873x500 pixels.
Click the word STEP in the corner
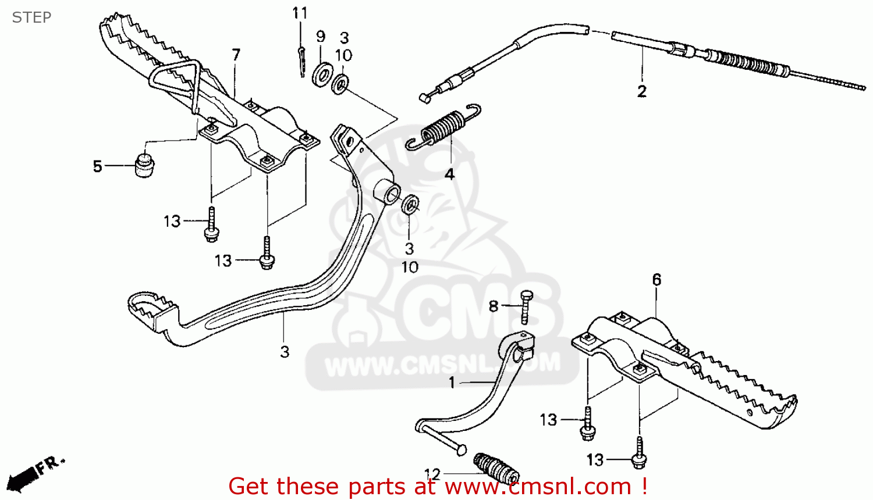tap(32, 17)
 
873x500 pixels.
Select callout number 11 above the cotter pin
tap(300, 13)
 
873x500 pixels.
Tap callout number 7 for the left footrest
tap(236, 55)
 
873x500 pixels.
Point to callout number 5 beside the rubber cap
tap(98, 166)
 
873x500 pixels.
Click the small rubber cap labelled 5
tap(144, 165)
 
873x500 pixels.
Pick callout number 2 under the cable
tap(642, 91)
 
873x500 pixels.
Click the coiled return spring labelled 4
tap(445, 128)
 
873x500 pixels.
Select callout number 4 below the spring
tap(449, 174)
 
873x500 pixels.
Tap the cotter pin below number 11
tap(301, 60)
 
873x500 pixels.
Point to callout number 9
tap(321, 36)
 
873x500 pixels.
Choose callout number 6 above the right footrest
tap(656, 280)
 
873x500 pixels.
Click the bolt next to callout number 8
tap(526, 306)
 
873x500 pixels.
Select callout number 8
tap(494, 306)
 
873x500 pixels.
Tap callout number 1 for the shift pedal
tap(452, 383)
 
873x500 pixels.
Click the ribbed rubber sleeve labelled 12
tap(496, 469)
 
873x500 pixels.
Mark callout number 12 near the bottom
tap(432, 474)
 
